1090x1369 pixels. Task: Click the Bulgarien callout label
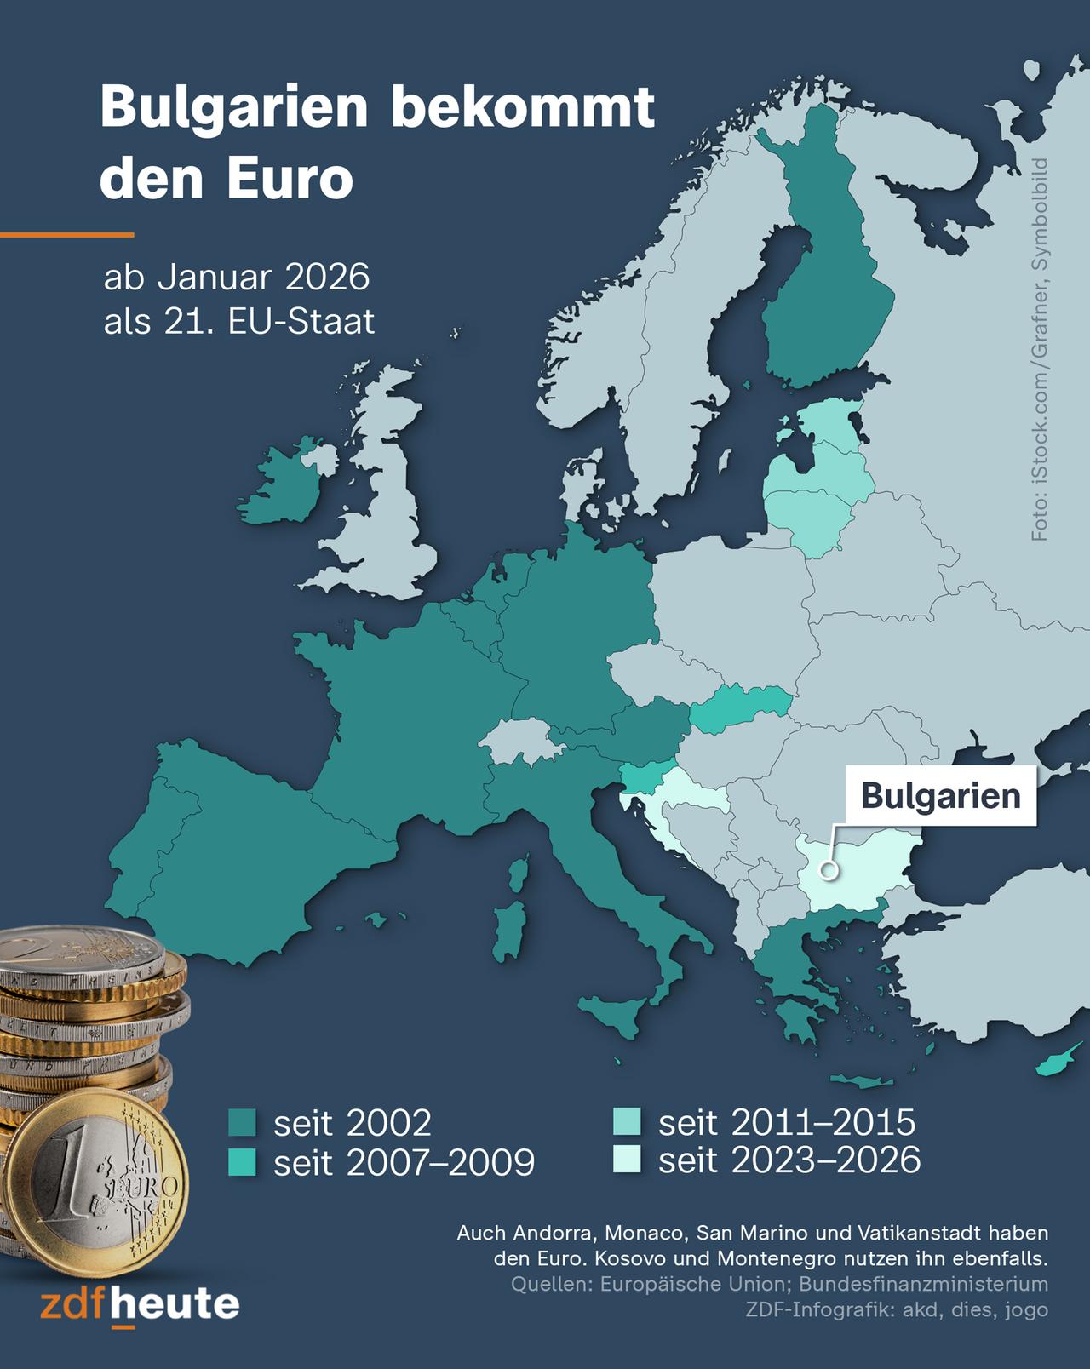click(940, 796)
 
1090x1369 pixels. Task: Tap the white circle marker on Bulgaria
click(826, 870)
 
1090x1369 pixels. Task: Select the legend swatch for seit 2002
click(243, 1122)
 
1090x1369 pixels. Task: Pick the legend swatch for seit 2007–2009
click(243, 1162)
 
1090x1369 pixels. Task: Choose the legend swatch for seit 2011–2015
click(628, 1122)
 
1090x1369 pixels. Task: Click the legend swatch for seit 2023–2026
click(628, 1160)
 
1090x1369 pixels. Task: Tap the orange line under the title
click(66, 234)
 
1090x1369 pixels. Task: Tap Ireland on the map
click(285, 485)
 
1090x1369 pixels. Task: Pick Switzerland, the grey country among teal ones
click(521, 741)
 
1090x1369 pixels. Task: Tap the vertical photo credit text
click(1041, 349)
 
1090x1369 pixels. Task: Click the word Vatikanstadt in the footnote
click(920, 1233)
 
